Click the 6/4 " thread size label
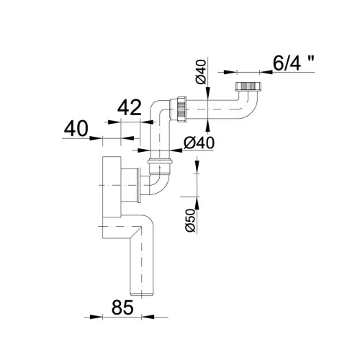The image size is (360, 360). (x=294, y=63)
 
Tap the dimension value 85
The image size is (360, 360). (x=122, y=307)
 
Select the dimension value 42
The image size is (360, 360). (x=130, y=108)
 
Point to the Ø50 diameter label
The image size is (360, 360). (x=189, y=220)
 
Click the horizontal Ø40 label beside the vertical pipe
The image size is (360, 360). (x=199, y=143)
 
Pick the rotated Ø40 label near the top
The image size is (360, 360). (x=201, y=72)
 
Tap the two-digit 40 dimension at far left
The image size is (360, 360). (x=76, y=129)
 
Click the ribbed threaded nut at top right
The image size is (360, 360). (x=248, y=86)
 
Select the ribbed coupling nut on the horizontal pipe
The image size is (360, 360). (x=182, y=109)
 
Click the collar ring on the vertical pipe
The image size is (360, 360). (x=160, y=161)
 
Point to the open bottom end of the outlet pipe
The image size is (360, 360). (x=142, y=294)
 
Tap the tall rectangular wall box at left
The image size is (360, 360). (x=112, y=186)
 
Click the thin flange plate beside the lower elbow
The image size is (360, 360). (x=138, y=185)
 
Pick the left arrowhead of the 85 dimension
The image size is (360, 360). (x=95, y=317)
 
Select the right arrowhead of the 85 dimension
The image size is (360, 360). (x=147, y=317)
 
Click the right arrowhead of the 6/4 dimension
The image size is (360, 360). (x=266, y=72)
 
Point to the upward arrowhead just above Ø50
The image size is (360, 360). (x=197, y=203)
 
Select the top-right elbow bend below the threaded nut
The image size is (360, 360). (x=250, y=106)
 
